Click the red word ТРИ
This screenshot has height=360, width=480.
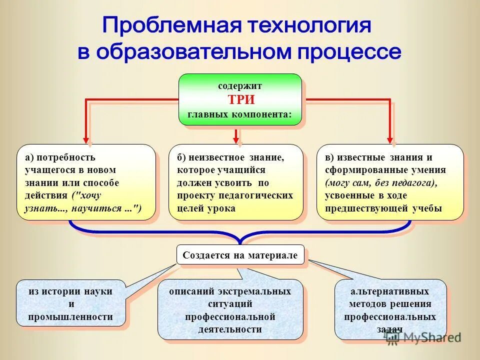pos(240,99)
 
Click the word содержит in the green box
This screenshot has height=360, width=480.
pos(240,86)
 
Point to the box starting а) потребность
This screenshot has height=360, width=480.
pos(86,182)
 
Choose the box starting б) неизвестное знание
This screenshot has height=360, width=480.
pos(235,182)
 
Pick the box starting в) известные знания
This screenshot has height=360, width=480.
pos(390,182)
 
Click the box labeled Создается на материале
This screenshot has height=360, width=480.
pos(240,255)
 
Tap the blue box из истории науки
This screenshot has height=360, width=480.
pos(70,303)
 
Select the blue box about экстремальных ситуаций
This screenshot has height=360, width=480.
pos(230,310)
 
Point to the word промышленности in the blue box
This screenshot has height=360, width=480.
pos(70,316)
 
